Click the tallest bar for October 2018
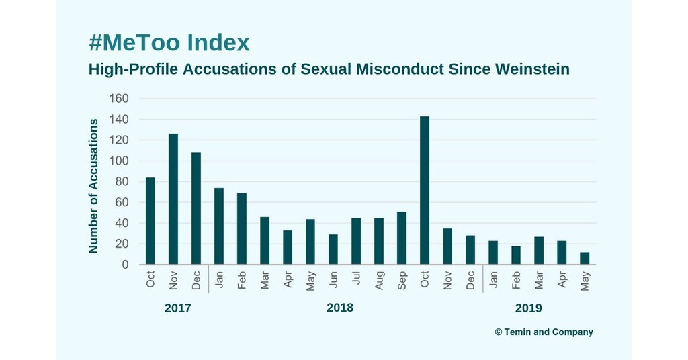coord(424,191)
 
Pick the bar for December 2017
coord(196,209)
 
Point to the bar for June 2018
coord(333,250)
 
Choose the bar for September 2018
coord(401,238)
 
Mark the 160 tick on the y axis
coord(118,99)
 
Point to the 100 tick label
coord(118,161)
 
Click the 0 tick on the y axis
coord(124,265)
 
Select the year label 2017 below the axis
coord(178,309)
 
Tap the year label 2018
coord(339,308)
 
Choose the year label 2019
coord(528,309)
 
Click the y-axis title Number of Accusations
coord(93,186)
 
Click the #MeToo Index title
coord(169,43)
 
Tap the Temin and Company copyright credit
coord(544,332)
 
